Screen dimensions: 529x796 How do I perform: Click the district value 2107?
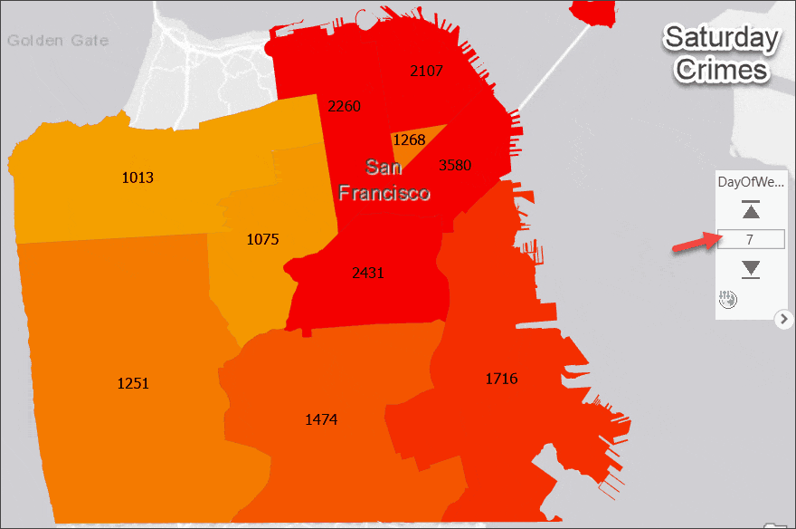(x=427, y=71)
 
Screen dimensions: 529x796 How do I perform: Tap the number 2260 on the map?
(x=344, y=106)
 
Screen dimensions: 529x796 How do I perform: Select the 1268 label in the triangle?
(x=409, y=139)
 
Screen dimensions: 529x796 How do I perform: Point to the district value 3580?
(x=454, y=165)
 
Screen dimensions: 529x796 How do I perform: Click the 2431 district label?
(x=367, y=272)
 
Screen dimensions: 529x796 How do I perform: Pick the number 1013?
(x=137, y=178)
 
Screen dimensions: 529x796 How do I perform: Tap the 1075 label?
(x=262, y=240)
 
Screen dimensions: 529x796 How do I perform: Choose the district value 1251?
(x=133, y=383)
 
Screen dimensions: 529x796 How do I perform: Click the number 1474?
(x=321, y=419)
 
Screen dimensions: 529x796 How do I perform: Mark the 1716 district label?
(x=501, y=379)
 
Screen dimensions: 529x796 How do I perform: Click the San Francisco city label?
(x=384, y=179)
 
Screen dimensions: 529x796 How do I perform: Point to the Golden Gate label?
(x=58, y=40)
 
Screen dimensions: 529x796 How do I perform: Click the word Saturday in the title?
(x=721, y=38)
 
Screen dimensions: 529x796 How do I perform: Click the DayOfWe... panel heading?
(x=749, y=181)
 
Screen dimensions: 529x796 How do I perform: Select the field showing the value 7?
(x=750, y=240)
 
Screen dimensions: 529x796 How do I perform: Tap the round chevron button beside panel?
(x=784, y=319)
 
